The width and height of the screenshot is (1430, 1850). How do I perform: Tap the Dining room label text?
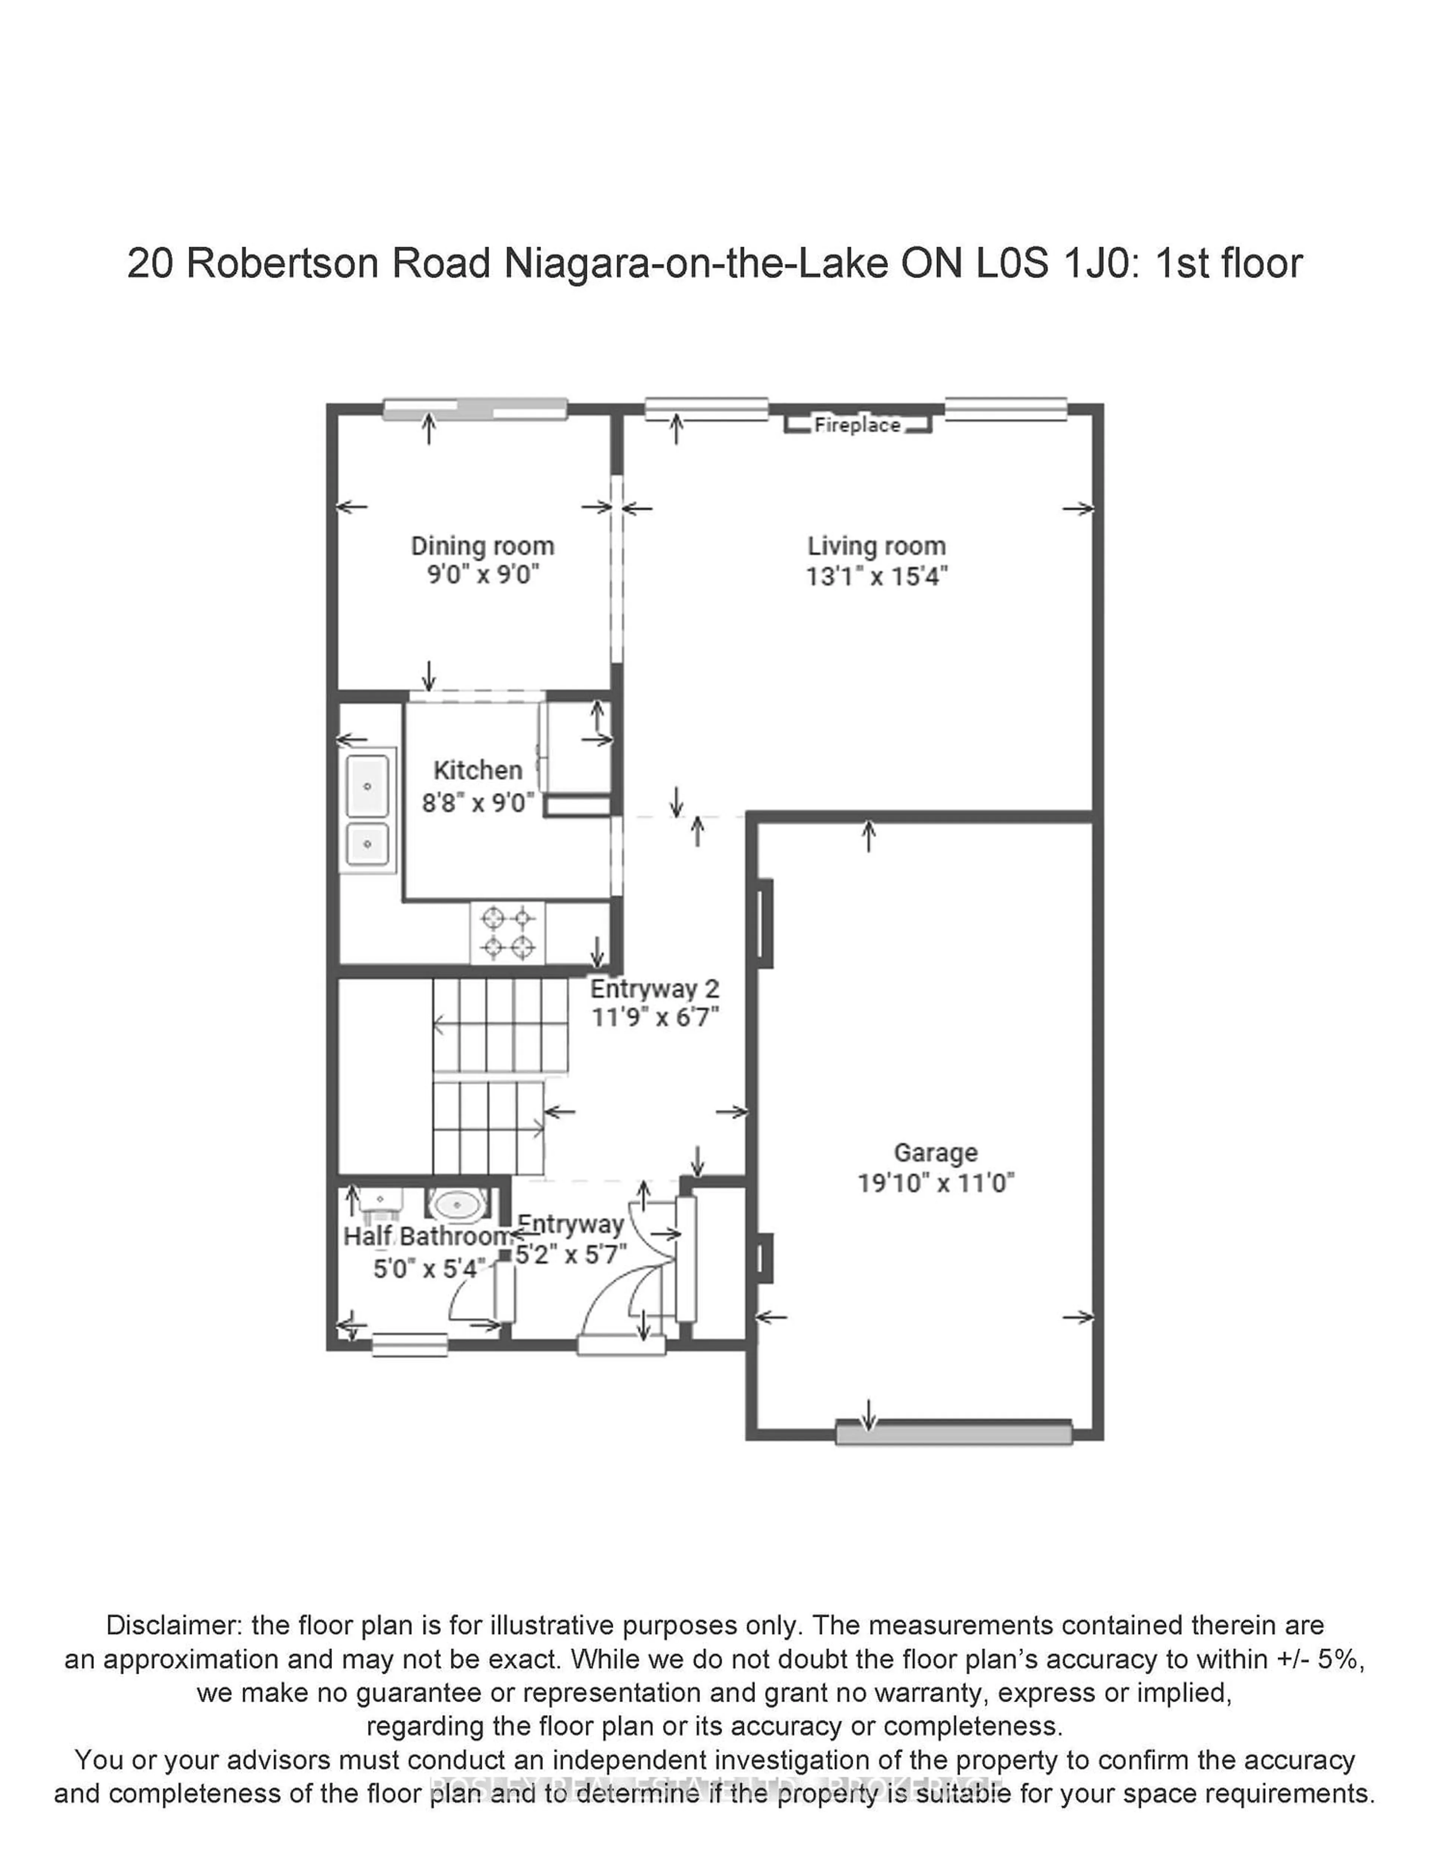click(482, 546)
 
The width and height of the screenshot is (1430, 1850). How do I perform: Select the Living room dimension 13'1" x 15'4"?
click(876, 577)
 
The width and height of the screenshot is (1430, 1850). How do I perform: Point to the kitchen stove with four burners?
click(508, 932)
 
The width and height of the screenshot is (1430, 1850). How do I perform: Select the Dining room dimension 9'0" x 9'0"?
click(482, 575)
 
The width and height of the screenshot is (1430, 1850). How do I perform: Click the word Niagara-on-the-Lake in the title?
click(696, 263)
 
